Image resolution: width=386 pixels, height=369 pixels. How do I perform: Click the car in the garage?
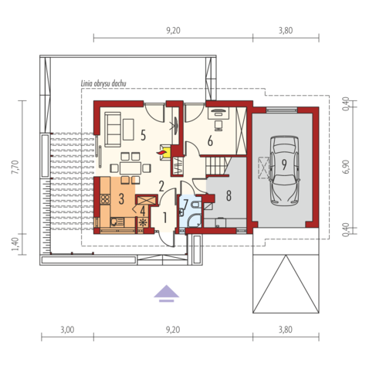click(284, 171)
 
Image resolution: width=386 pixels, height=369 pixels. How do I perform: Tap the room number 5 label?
click(144, 135)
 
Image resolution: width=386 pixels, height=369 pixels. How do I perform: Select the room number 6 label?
click(210, 141)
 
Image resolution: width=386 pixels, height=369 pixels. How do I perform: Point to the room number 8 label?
click(229, 196)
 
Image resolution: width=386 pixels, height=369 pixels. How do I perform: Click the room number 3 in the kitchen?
click(121, 199)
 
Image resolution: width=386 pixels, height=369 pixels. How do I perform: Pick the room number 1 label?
click(164, 218)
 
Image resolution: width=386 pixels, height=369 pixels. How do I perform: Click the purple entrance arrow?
click(167, 293)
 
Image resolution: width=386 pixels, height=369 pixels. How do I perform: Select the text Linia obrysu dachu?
click(103, 83)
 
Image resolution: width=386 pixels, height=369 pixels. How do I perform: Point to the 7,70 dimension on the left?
click(15, 167)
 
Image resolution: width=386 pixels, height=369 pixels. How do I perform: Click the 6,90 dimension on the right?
click(347, 167)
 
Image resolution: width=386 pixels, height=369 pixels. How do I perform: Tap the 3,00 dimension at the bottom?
click(67, 330)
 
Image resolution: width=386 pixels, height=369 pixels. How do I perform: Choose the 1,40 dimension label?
click(15, 244)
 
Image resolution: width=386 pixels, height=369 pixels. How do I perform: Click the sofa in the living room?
click(113, 130)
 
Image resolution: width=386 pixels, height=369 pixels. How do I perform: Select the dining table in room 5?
click(130, 168)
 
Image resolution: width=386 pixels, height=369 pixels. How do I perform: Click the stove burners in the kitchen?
click(105, 199)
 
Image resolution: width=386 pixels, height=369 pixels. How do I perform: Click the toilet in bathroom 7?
click(196, 205)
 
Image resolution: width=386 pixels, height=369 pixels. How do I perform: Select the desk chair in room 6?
click(218, 126)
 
